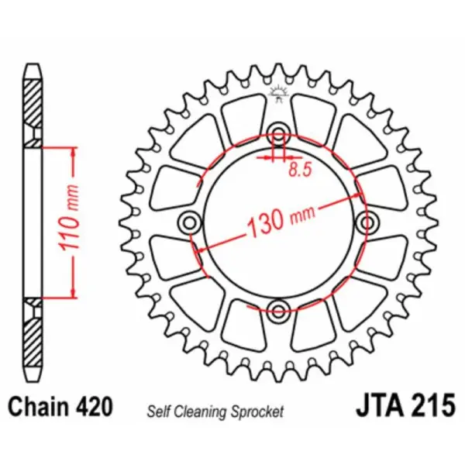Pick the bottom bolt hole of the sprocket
point(278,313)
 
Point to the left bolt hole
point(188,222)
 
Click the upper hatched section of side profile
point(33,108)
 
